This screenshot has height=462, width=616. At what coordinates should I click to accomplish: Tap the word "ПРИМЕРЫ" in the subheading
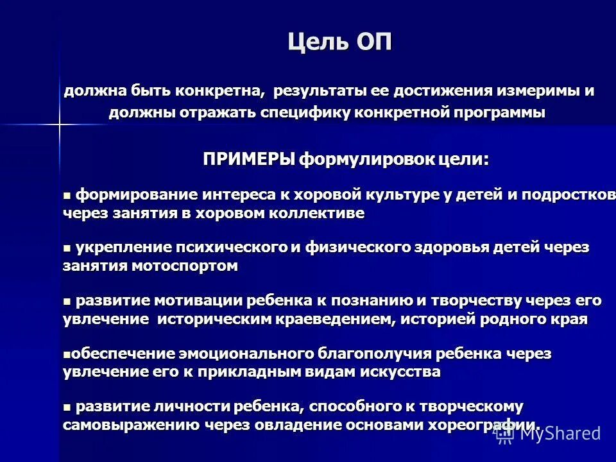[250, 158]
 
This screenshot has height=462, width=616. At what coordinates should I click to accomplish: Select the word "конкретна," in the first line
[221, 90]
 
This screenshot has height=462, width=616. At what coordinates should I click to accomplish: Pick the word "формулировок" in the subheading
[363, 158]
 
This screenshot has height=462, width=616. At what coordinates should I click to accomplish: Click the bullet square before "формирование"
[67, 194]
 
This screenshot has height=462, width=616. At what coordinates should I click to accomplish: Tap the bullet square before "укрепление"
[67, 247]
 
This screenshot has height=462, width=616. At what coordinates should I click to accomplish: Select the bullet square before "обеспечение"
[66, 354]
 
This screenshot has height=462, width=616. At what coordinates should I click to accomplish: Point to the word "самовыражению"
[132, 425]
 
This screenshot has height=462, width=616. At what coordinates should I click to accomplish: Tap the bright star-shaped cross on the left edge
[58, 122]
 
